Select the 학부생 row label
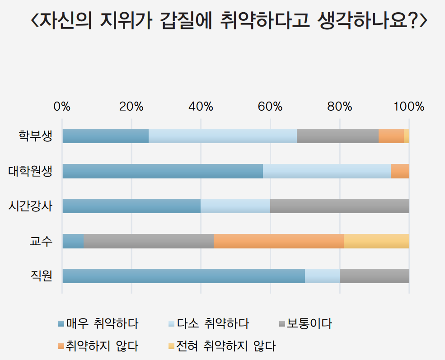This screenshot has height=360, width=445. [x=35, y=136]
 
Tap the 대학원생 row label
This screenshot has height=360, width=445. [x=30, y=171]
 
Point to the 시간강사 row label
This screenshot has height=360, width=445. [x=30, y=206]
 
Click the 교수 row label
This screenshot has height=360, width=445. [x=41, y=241]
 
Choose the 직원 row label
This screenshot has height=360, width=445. [x=41, y=276]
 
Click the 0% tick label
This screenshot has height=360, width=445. [x=62, y=107]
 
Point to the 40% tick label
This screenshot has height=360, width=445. [x=201, y=107]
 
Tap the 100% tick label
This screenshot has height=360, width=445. [x=409, y=107]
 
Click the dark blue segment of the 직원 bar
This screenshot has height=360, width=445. [x=183, y=276]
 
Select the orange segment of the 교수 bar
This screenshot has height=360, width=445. [x=279, y=241]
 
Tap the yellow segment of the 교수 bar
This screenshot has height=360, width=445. [x=376, y=241]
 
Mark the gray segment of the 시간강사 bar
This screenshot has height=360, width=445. [x=340, y=206]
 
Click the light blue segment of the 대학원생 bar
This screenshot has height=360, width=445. [x=327, y=171]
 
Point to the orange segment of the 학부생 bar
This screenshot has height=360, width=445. [x=391, y=136]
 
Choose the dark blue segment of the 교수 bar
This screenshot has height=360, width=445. [x=73, y=241]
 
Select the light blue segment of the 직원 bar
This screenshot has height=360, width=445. [x=322, y=276]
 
